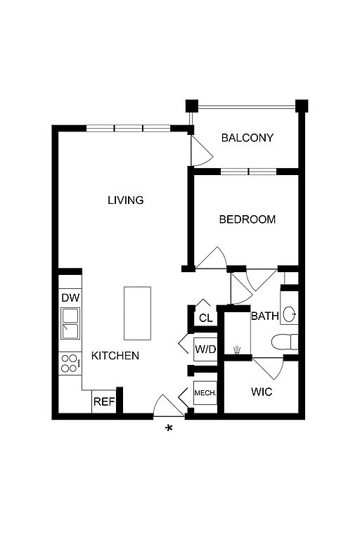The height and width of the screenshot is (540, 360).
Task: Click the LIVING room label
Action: pyautogui.click(x=126, y=200)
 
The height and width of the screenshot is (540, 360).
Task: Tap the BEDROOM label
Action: pyautogui.click(x=247, y=219)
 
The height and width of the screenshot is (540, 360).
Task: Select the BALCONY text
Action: pyautogui.click(x=247, y=138)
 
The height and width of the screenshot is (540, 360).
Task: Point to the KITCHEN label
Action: pyautogui.click(x=115, y=355)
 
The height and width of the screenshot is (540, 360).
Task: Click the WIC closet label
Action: pyautogui.click(x=262, y=392)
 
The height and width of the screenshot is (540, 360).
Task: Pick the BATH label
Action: pyautogui.click(x=264, y=316)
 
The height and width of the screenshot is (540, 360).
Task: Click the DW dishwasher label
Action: pyautogui.click(x=70, y=297)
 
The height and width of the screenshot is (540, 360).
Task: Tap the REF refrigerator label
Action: pyautogui.click(x=104, y=401)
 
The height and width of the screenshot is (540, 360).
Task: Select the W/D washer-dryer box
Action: pyautogui.click(x=205, y=349)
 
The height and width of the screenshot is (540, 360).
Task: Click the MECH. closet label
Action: pyautogui.click(x=205, y=393)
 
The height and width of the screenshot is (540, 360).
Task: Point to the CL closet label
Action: pyautogui.click(x=206, y=318)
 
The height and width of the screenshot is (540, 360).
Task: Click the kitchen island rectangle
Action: pyautogui.click(x=137, y=314)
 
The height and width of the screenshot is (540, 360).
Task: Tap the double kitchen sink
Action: pyautogui.click(x=70, y=323)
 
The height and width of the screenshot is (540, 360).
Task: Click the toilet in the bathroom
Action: pyautogui.click(x=285, y=342)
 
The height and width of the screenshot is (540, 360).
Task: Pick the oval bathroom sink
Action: pyautogui.click(x=289, y=314)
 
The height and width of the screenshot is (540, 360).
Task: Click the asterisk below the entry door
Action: pyautogui.click(x=169, y=428)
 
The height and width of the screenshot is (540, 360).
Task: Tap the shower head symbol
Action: pyautogui.click(x=237, y=350)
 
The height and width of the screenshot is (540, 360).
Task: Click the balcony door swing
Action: pyautogui.click(x=202, y=150)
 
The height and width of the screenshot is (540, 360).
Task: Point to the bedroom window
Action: pyautogui.click(x=248, y=172)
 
